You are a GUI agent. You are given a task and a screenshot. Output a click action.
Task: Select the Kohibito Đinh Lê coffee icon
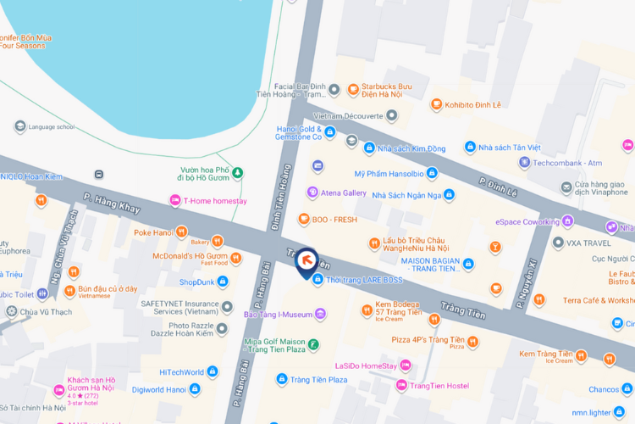coord(436,104)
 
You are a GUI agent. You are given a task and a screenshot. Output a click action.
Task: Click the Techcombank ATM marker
coord(525,162)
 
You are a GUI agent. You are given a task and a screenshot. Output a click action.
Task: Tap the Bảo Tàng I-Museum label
coord(279,315)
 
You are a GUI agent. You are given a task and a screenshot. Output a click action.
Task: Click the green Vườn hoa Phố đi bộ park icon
coord(238,173)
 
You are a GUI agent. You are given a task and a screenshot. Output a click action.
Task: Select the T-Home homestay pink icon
coord(174,201)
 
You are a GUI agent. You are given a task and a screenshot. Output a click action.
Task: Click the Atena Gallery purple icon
coord(312,192)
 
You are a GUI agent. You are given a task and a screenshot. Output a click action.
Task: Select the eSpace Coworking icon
coord(567,221)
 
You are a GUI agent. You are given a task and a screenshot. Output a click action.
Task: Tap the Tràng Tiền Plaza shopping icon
coord(283,379)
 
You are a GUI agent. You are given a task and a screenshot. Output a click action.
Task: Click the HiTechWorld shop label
coord(182,371)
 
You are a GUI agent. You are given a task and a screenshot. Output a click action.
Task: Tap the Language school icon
coord(19,126)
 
